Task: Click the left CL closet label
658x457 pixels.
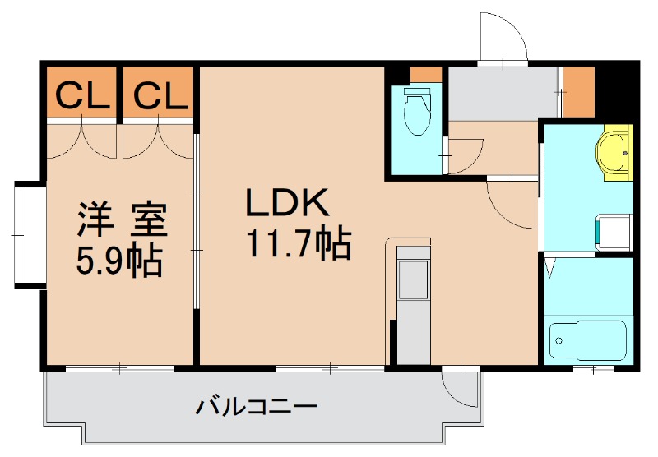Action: tap(82, 97)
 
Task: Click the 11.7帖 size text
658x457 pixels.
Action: tap(298, 243)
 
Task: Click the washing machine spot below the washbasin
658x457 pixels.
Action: tap(614, 231)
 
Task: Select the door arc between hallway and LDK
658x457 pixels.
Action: tap(509, 203)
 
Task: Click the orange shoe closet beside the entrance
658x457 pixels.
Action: tap(578, 91)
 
